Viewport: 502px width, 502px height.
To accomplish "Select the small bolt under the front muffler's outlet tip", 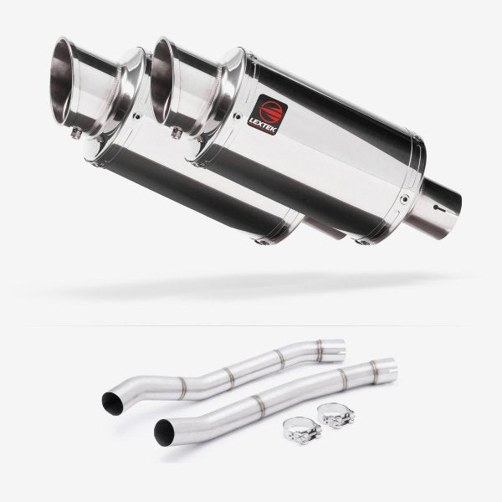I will (x=177, y=132).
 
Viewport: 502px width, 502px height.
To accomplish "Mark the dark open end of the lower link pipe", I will (x=163, y=433).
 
